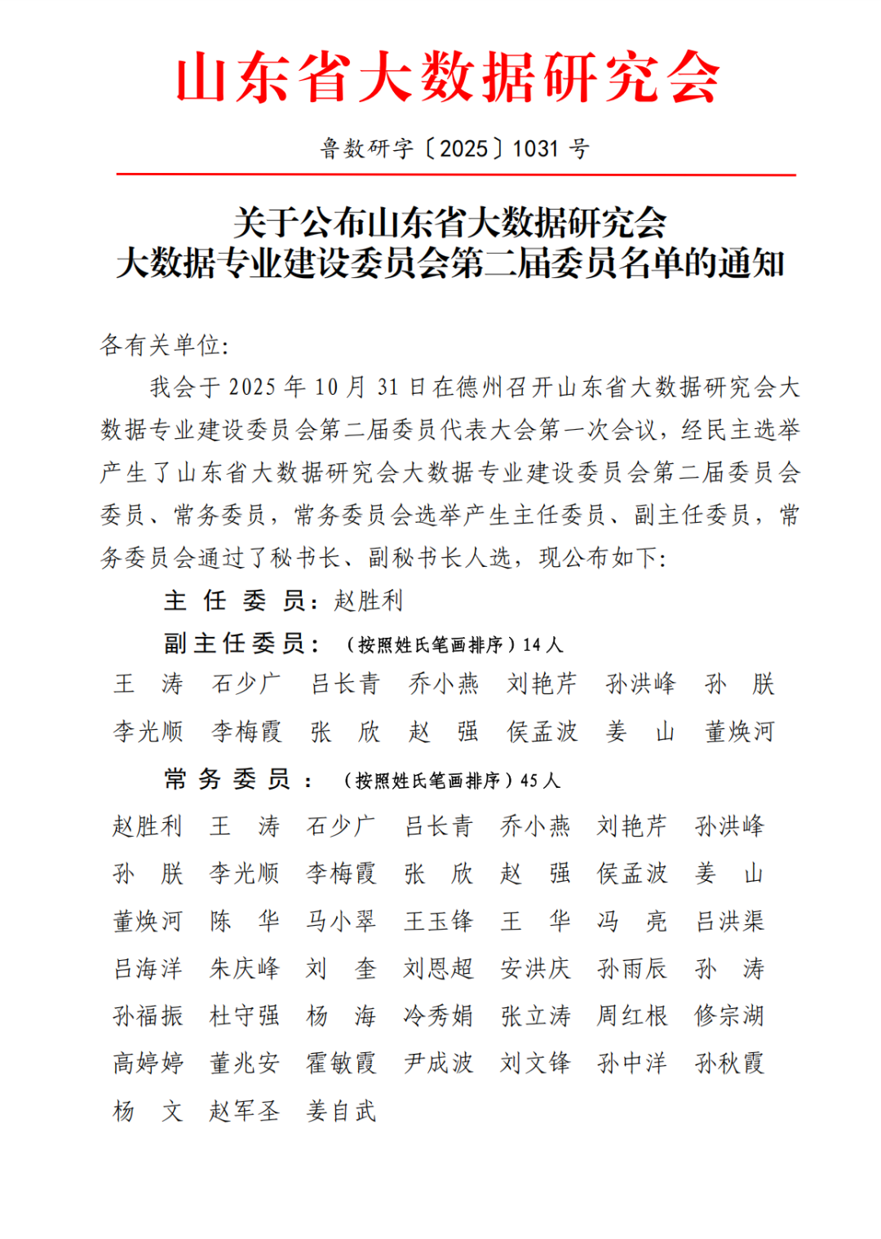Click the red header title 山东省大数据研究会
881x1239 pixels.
[x=448, y=77]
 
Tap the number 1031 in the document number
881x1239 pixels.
[x=536, y=149]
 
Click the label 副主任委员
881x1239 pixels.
[x=235, y=644]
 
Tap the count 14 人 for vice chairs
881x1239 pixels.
[x=543, y=645]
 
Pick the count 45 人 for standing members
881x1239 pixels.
[x=540, y=781]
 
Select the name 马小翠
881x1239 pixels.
[x=341, y=921]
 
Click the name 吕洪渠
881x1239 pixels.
[x=729, y=921]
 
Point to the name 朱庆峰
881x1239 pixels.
[x=244, y=968]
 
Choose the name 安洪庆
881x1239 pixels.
[x=535, y=968]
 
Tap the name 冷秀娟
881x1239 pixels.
[x=438, y=1016]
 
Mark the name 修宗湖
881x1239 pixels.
[x=729, y=1016]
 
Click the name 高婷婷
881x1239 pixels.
[x=148, y=1063]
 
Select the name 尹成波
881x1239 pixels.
[x=438, y=1063]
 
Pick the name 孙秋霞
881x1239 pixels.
[x=729, y=1063]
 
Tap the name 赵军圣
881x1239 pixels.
[x=244, y=1110]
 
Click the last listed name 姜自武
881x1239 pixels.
[x=341, y=1110]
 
